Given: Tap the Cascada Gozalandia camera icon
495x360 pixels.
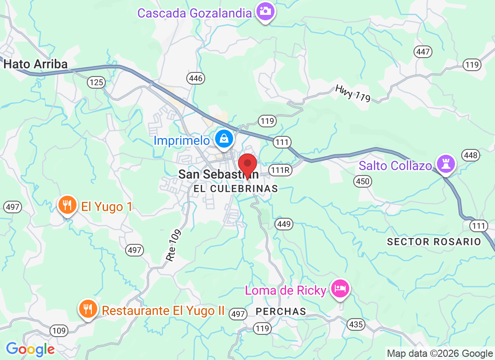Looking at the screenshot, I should [x=265, y=11].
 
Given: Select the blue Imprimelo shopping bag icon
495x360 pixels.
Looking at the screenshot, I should [x=224, y=139].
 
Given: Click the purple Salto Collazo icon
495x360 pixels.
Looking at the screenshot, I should [x=445, y=163].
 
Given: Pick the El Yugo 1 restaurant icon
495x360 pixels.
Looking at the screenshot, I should [x=67, y=206].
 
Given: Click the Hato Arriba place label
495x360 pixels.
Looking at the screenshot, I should [x=36, y=64].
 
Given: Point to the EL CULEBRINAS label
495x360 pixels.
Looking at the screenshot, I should [x=235, y=189].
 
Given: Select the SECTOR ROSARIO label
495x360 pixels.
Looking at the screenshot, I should [x=434, y=242].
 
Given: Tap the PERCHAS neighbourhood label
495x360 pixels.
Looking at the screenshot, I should [x=281, y=311].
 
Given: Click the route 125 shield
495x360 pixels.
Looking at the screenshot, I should [x=96, y=82].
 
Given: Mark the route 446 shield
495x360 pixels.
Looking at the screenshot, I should [x=196, y=79].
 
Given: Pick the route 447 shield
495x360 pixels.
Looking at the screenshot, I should [x=423, y=52].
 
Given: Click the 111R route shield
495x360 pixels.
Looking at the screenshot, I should [x=281, y=170].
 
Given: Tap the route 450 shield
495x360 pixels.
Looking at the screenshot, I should [x=362, y=181].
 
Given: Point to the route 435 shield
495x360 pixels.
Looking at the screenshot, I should [x=356, y=324].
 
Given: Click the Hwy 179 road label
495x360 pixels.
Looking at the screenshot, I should [x=352, y=93].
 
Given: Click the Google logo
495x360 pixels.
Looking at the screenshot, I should [x=30, y=349].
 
